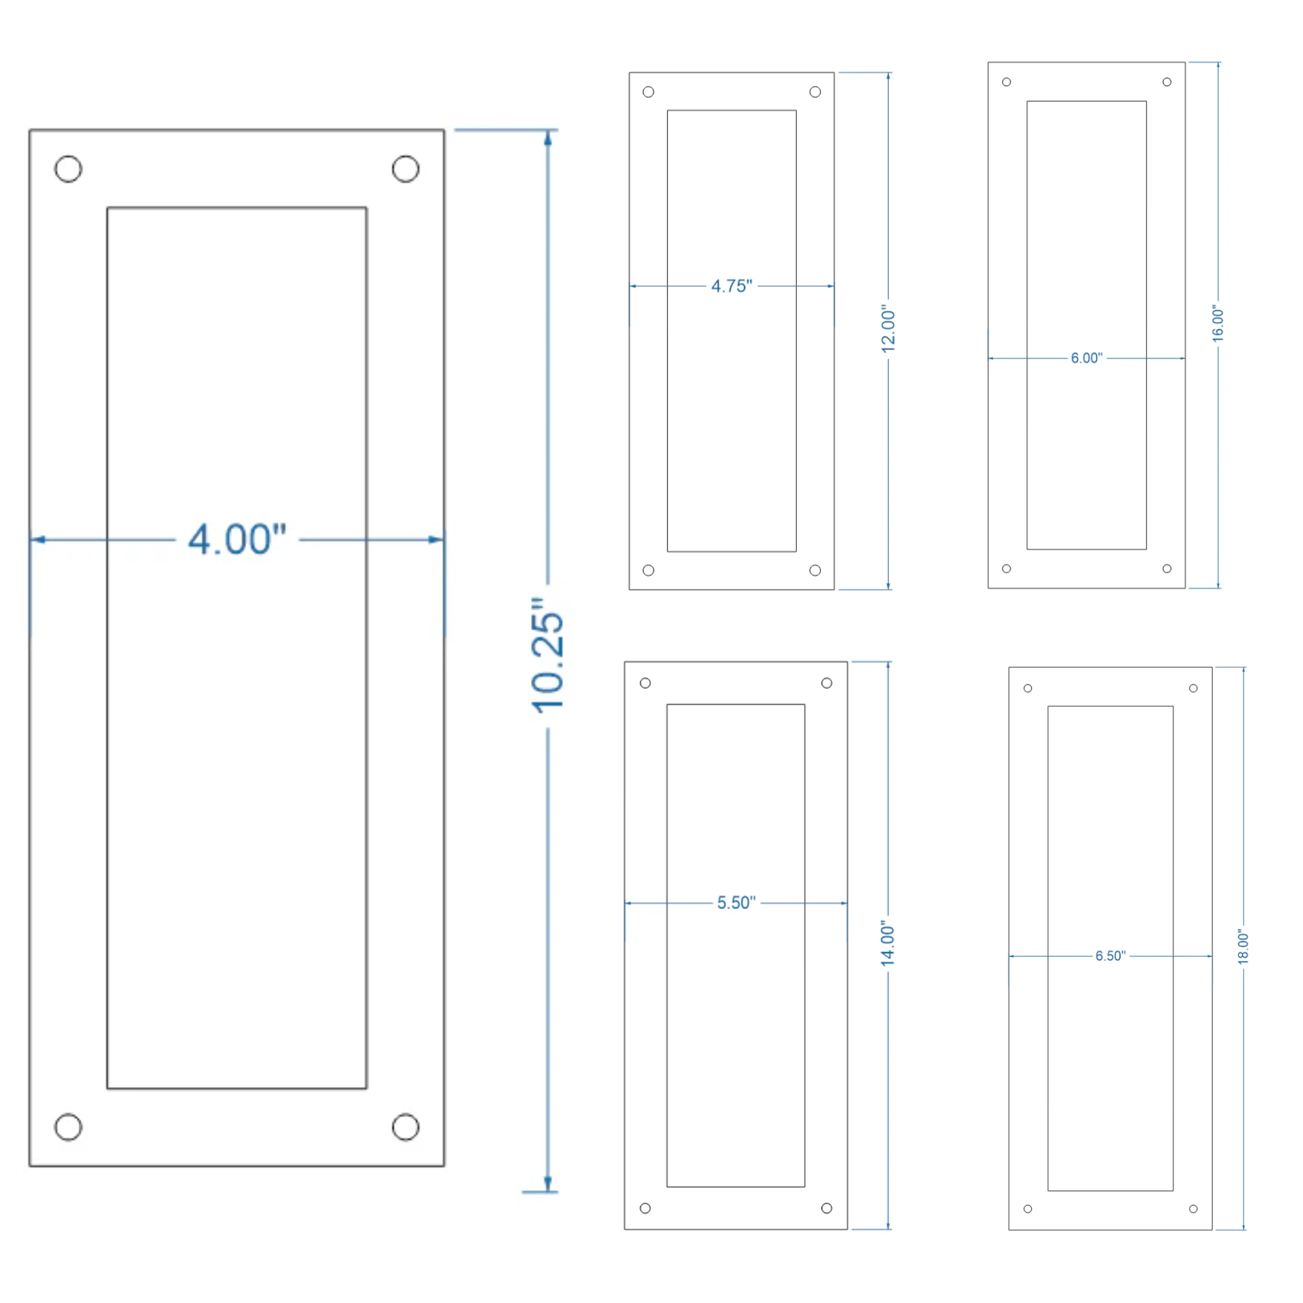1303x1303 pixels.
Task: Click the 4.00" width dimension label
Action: click(x=236, y=539)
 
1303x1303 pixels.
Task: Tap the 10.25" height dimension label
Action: click(x=548, y=655)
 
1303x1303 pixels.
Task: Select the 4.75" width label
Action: click(x=732, y=286)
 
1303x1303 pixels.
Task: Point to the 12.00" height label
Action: click(x=888, y=328)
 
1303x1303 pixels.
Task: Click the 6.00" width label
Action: click(x=1087, y=358)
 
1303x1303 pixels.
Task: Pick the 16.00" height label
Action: click(x=1218, y=324)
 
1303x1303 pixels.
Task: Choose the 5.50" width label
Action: click(x=736, y=902)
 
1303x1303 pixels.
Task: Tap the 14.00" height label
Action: click(x=887, y=944)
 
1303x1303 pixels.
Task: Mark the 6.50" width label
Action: click(x=1110, y=956)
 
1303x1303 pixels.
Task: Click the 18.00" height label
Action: click(x=1244, y=947)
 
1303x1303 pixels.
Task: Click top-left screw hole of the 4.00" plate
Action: click(x=68, y=169)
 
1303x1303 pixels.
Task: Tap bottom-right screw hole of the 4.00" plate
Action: click(x=405, y=1127)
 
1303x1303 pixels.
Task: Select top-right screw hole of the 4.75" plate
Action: click(x=816, y=92)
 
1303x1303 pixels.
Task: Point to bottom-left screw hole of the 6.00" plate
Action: click(x=1007, y=569)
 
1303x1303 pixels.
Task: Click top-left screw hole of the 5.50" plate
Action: click(x=646, y=683)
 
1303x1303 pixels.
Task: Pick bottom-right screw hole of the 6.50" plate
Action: click(x=1193, y=1209)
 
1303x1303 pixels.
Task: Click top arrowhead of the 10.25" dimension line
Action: click(x=548, y=137)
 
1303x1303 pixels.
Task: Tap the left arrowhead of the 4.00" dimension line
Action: click(x=38, y=539)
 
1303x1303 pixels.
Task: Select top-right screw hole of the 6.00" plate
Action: click(x=1167, y=82)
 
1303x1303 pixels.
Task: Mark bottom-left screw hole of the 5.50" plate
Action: click(x=646, y=1208)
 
